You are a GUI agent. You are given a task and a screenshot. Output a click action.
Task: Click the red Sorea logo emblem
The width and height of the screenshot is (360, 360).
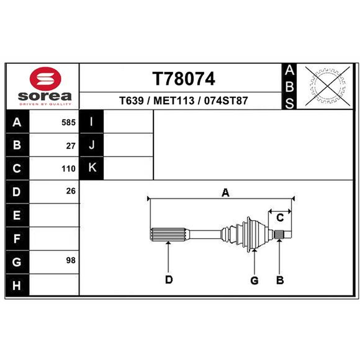click(x=45, y=78)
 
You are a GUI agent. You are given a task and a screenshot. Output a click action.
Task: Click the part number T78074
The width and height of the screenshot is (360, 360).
click(x=184, y=79)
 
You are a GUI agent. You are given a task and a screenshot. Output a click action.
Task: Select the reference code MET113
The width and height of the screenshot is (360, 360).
click(x=174, y=100)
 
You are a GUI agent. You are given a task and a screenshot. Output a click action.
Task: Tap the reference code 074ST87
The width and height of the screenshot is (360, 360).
click(x=226, y=100)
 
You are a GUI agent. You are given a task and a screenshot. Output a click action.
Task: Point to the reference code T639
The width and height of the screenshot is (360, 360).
click(x=131, y=100)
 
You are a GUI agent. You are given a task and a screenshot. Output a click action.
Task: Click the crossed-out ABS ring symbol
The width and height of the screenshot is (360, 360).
click(x=328, y=86)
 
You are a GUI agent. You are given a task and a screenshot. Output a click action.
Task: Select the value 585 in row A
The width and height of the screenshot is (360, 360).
click(x=68, y=122)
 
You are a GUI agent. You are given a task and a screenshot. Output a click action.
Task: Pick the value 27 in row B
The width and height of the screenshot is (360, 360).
click(x=71, y=146)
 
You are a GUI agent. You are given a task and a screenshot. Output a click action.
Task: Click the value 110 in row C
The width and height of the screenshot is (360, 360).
click(x=68, y=169)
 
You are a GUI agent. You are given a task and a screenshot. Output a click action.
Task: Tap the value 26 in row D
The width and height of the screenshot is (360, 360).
click(x=71, y=191)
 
